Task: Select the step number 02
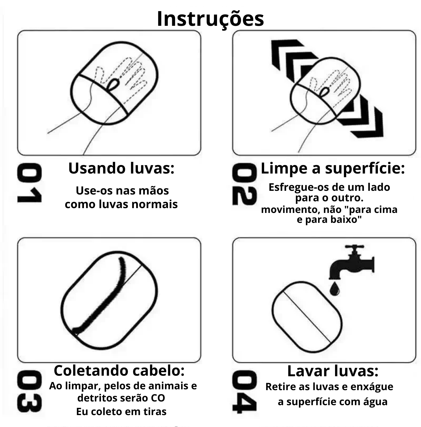[244, 184]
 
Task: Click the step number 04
[244, 392]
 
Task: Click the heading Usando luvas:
[121, 168]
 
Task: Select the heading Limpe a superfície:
[332, 168]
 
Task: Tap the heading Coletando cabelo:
[119, 370]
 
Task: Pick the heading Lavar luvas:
[333, 371]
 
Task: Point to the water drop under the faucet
[335, 288]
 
